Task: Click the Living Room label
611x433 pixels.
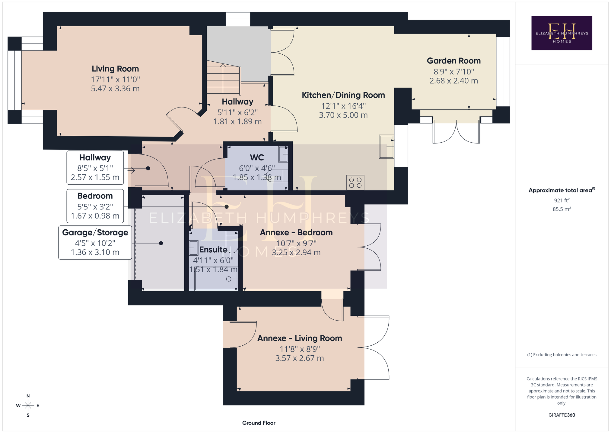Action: [x=115, y=69]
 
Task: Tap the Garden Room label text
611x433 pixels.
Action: [x=454, y=61]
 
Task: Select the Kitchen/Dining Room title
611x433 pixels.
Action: [x=343, y=95]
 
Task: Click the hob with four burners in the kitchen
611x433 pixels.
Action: [x=355, y=183]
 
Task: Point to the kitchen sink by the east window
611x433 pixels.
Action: [x=387, y=147]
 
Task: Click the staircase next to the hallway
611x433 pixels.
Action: [x=223, y=79]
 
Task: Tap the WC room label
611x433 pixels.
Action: [x=257, y=157]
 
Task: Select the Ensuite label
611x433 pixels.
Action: [x=213, y=250]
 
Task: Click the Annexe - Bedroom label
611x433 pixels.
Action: [x=296, y=233]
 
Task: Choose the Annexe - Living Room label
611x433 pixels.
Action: [x=300, y=338]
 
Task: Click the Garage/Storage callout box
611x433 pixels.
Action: [x=95, y=242]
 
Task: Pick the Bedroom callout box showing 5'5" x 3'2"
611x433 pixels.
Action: [x=95, y=206]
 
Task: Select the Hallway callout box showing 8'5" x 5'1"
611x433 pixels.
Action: [x=95, y=167]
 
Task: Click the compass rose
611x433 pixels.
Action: [x=28, y=406]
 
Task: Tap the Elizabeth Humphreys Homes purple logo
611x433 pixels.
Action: [x=562, y=33]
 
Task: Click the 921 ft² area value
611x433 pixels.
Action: [x=562, y=200]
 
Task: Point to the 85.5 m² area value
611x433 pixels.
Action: [x=562, y=209]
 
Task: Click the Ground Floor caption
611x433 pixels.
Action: [x=259, y=423]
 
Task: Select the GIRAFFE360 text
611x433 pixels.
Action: [x=562, y=415]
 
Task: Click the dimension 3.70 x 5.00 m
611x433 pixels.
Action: [x=343, y=115]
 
